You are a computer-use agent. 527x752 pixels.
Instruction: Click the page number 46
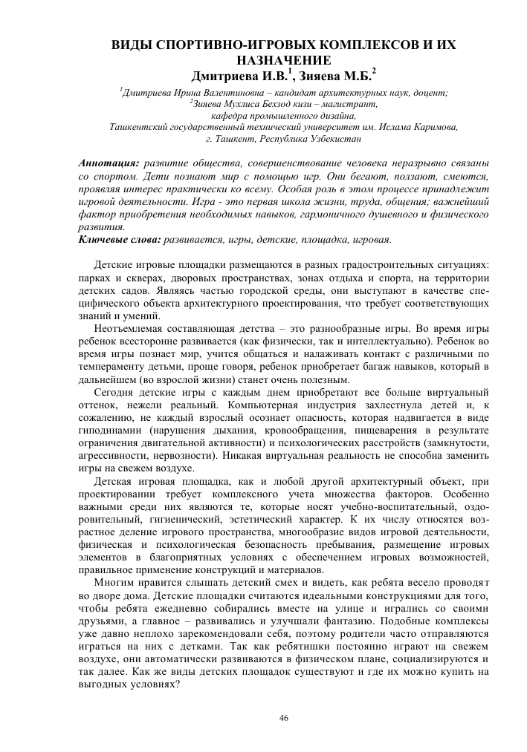pyautogui.click(x=283, y=717)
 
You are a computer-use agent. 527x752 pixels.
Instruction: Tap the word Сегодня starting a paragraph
pyautogui.click(x=116, y=391)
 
